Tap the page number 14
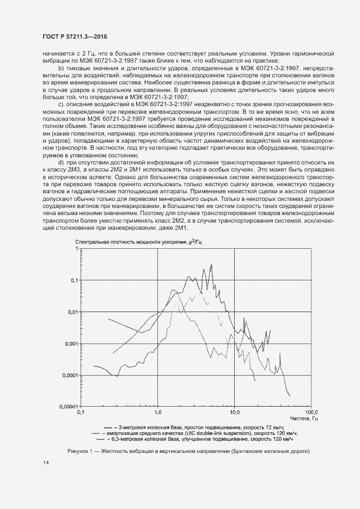point(45,463)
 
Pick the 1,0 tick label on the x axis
point(158,412)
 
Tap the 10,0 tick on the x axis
point(235,412)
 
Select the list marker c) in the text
point(60,103)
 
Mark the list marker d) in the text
point(61,163)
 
